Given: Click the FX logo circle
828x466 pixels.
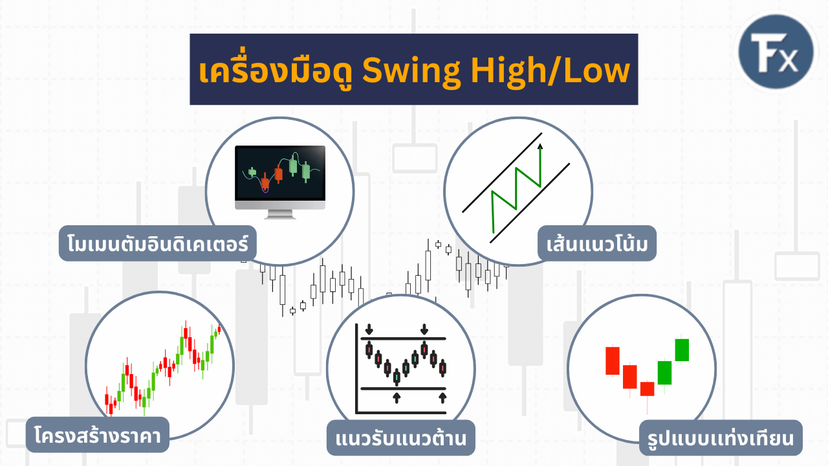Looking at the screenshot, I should [x=776, y=53].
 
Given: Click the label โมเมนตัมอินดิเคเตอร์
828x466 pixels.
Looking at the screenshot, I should [x=158, y=243].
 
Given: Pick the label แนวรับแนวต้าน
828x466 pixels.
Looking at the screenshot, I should [x=401, y=438].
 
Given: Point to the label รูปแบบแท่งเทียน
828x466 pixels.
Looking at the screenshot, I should [x=721, y=438].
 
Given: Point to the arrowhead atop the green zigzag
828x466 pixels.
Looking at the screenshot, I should [x=540, y=146].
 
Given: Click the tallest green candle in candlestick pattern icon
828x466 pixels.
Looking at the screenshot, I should [x=682, y=349].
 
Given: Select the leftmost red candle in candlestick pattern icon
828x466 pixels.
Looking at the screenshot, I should [x=612, y=361].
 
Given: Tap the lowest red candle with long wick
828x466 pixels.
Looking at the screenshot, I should [x=647, y=389].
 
